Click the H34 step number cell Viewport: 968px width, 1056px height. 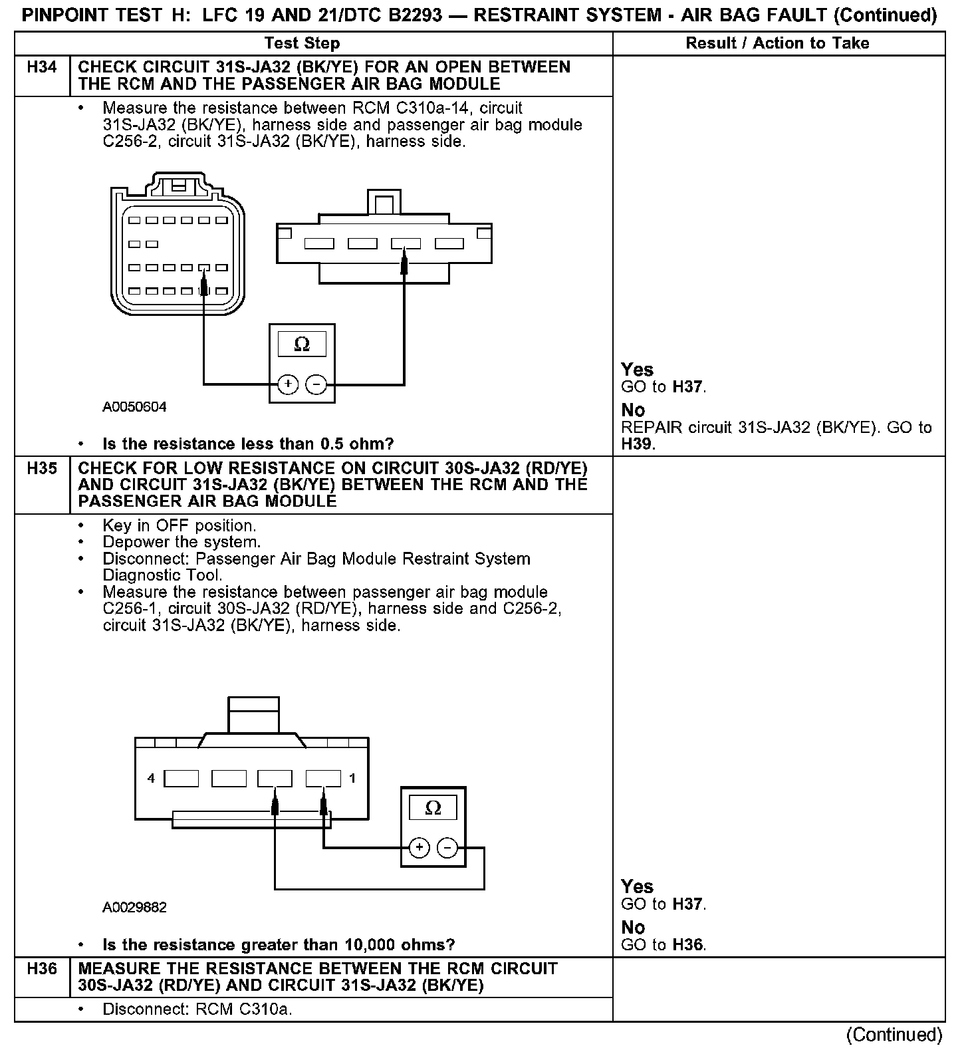point(42,68)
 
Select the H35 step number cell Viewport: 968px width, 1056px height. point(42,469)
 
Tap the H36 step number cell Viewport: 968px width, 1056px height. point(42,969)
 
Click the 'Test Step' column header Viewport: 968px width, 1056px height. point(302,44)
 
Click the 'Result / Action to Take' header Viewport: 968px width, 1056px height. point(777,44)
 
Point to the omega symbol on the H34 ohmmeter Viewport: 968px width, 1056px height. point(302,344)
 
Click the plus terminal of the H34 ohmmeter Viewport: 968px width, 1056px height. point(288,384)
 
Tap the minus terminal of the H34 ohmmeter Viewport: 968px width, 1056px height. point(316,384)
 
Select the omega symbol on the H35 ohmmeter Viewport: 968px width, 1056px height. point(433,808)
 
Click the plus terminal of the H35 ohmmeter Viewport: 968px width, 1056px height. point(419,848)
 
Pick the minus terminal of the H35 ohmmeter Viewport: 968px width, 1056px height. point(447,848)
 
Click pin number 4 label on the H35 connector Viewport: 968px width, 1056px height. point(152,778)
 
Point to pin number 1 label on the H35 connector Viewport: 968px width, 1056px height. point(352,778)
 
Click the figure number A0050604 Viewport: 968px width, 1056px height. point(134,407)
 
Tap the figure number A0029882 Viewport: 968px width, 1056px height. point(134,907)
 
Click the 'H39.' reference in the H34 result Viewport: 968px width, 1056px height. point(638,444)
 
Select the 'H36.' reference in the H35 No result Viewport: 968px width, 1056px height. point(688,944)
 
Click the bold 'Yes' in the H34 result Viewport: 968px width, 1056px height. point(637,370)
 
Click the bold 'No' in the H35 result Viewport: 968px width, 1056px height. point(633,927)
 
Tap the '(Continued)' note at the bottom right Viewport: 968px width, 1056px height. point(894,1035)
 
